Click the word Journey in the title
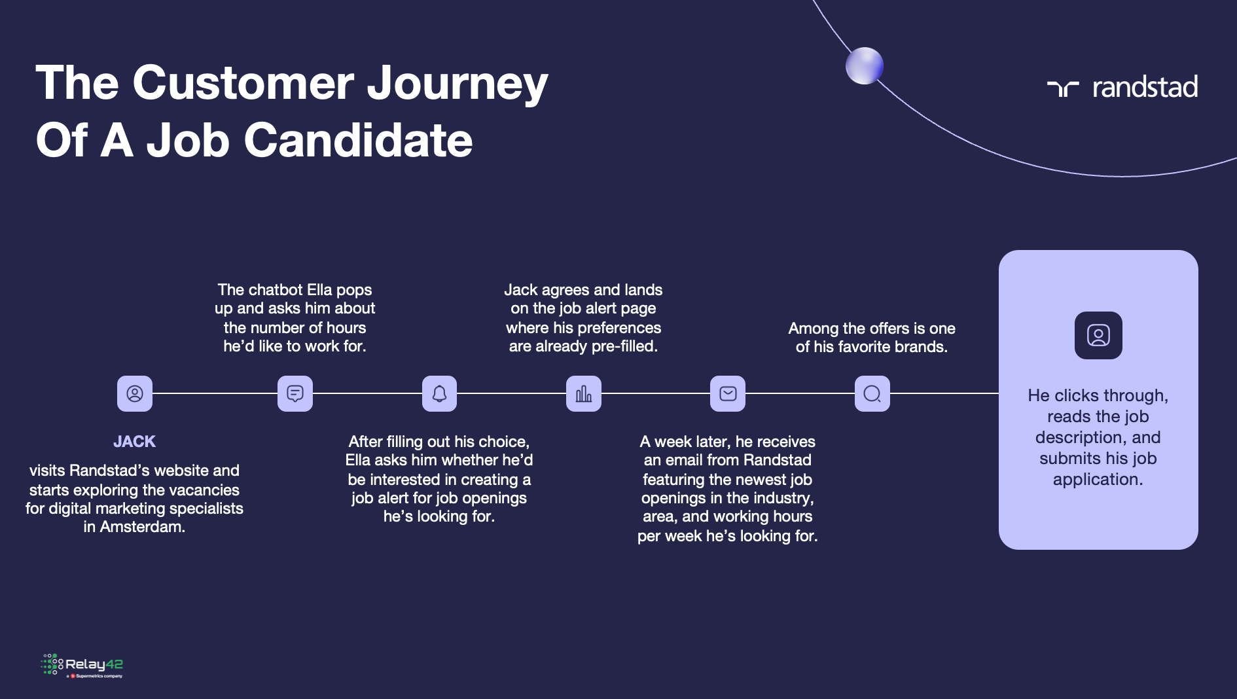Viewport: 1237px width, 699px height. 457,84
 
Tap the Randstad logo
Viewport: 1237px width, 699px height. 1122,87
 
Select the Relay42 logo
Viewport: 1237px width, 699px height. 82,666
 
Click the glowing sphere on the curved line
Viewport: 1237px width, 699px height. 865,66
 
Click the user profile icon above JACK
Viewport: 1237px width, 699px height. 135,393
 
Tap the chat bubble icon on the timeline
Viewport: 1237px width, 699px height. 295,393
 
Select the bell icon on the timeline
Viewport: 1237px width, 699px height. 439,393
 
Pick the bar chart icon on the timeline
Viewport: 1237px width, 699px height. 584,393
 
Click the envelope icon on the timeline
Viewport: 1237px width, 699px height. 728,393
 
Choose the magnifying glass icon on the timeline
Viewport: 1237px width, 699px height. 872,393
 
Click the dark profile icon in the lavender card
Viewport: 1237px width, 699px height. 1098,335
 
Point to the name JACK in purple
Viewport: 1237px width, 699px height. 134,442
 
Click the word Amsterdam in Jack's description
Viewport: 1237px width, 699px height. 143,527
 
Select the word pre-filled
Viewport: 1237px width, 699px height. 624,347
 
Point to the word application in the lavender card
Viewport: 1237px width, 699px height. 1098,480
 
